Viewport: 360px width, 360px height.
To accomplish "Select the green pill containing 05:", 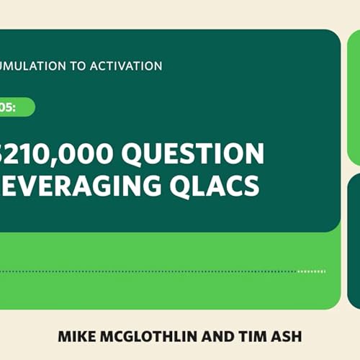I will click(17, 107).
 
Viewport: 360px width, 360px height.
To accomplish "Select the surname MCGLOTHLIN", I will click(143, 336).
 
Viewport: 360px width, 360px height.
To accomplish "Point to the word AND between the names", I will click(206, 336).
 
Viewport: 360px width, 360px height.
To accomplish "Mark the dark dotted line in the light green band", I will click(144, 271).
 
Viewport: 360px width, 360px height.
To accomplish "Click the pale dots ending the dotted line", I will click(311, 271).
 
